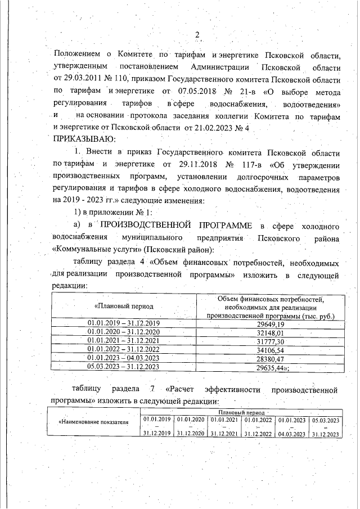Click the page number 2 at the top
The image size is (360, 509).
click(197, 35)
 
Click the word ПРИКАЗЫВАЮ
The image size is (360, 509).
click(84, 138)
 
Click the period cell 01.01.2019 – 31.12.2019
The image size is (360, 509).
click(124, 325)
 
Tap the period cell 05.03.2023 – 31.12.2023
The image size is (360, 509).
click(124, 367)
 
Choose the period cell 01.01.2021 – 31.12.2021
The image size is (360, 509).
click(124, 341)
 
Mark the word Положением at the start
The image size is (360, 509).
click(76, 54)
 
